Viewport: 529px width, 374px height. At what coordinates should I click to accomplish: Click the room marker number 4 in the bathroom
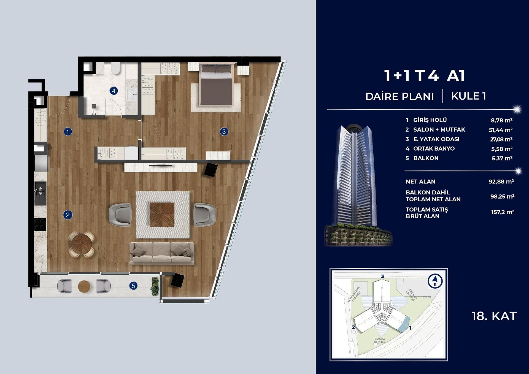[114, 91]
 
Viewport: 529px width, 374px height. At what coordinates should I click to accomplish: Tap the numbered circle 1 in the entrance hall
[68, 132]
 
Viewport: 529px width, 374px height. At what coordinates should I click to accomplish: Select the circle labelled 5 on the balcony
[133, 286]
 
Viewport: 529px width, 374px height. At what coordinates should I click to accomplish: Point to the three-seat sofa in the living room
[162, 253]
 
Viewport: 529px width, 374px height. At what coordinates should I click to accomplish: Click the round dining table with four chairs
[82, 244]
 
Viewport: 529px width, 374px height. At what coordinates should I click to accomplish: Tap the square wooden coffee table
[162, 215]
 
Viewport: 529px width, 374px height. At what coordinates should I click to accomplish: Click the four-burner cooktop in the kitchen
[40, 224]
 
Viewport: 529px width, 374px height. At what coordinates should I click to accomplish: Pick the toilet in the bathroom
[116, 68]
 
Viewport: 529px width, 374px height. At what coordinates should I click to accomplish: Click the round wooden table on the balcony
[84, 286]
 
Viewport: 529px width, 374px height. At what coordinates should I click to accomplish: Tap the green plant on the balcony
[155, 286]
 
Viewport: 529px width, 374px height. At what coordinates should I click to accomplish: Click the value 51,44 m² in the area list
[501, 130]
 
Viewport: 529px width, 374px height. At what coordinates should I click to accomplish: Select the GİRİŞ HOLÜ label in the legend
[430, 120]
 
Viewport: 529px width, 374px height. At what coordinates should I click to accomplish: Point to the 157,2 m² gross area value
[503, 212]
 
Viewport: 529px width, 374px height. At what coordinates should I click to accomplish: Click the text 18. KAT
[494, 316]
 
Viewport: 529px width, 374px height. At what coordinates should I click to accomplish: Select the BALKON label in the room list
[426, 158]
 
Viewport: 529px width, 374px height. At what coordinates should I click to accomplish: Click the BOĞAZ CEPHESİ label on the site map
[380, 340]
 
